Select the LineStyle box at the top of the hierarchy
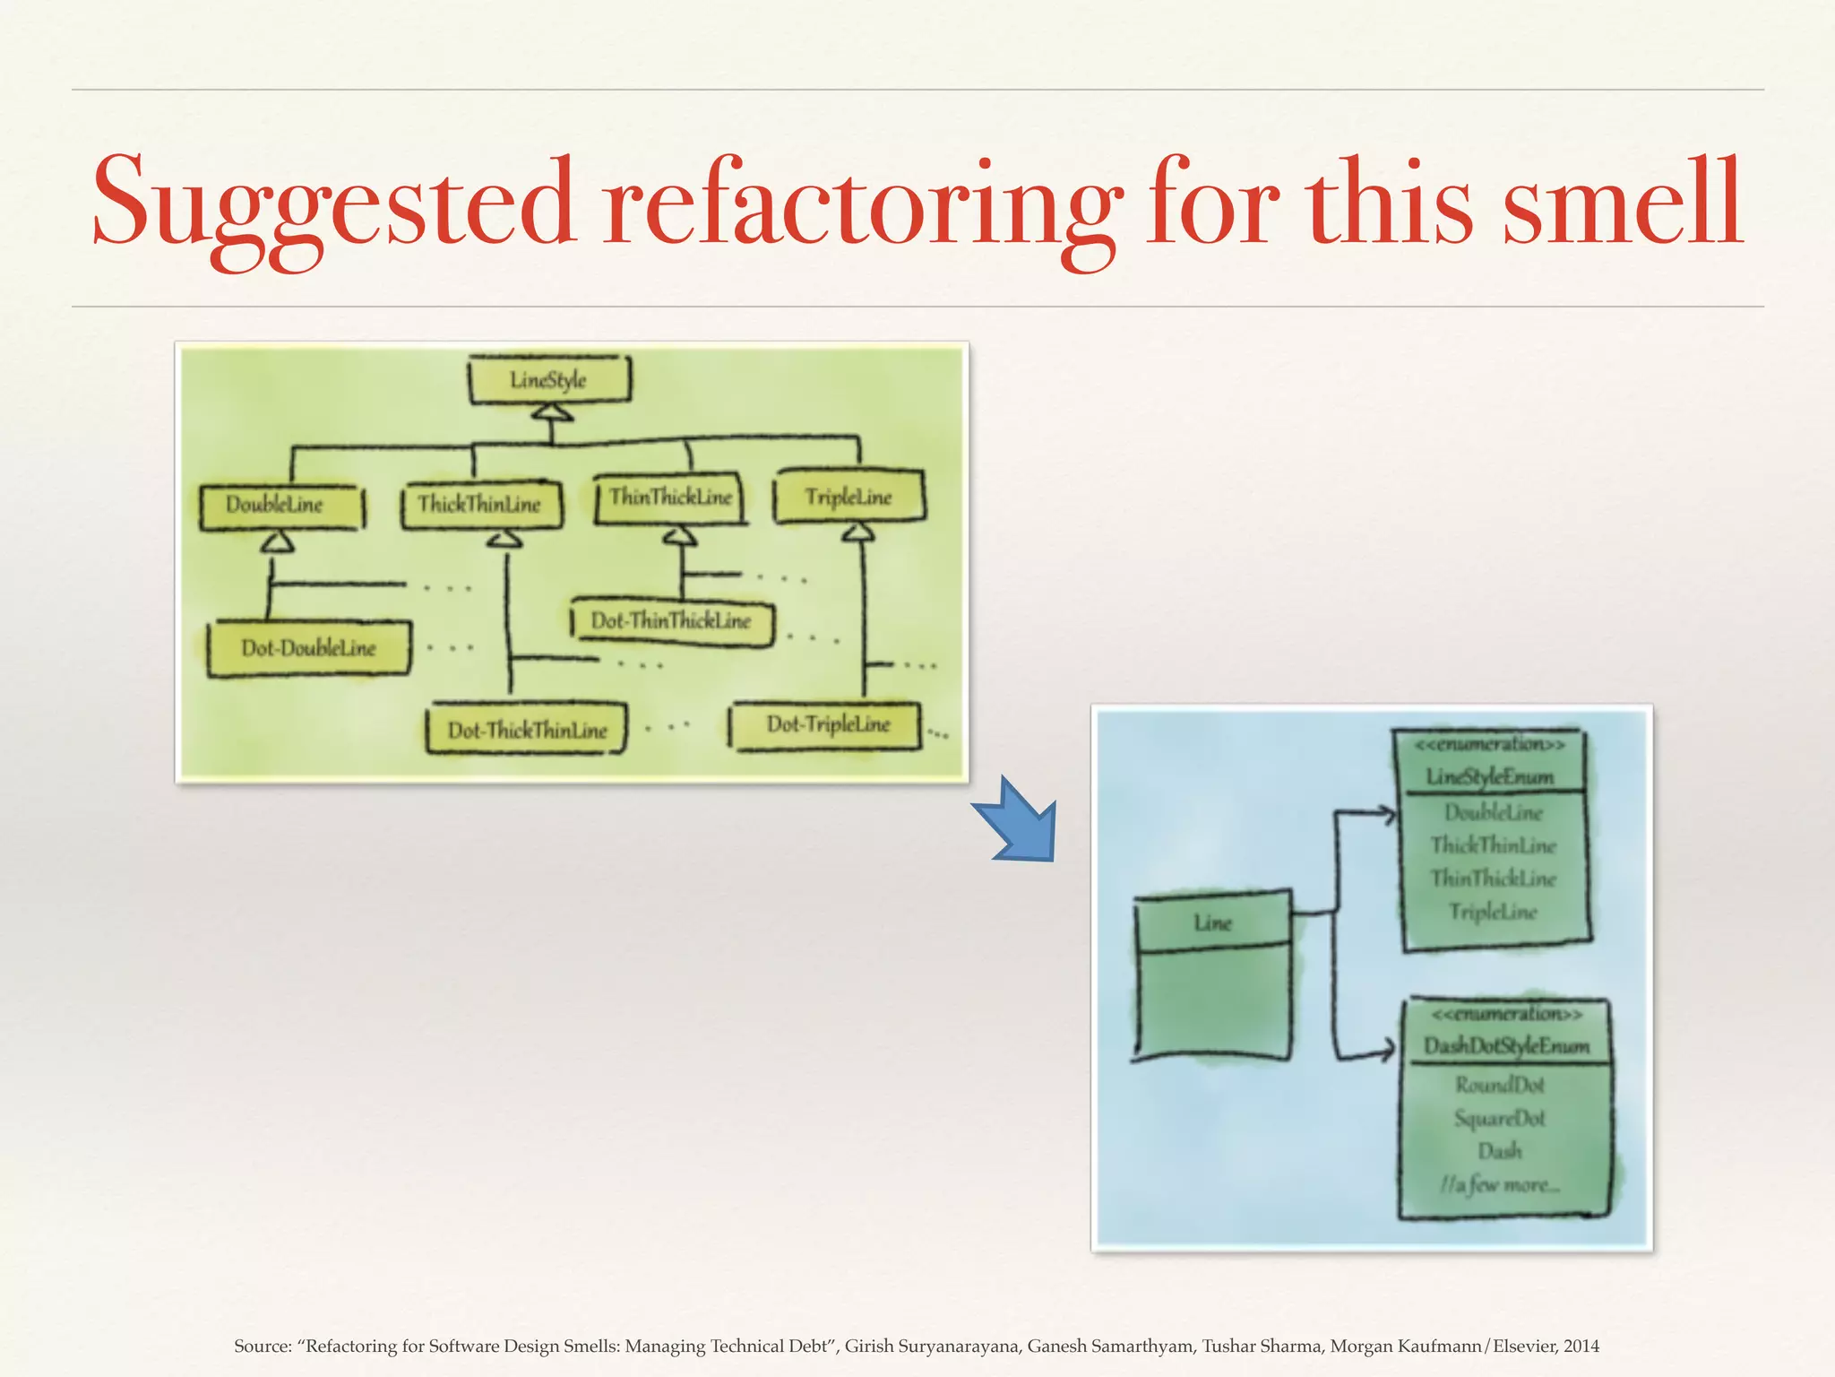(x=549, y=380)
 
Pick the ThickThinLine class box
(x=481, y=505)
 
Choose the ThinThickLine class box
(x=670, y=498)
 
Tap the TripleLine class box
(x=849, y=498)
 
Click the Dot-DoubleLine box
(x=308, y=648)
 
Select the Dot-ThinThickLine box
(x=672, y=621)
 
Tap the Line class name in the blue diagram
(x=1212, y=922)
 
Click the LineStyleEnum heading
(x=1489, y=776)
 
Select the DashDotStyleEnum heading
(x=1506, y=1046)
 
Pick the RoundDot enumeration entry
(x=1500, y=1086)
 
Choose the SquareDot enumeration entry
(x=1500, y=1119)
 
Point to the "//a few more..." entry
(x=1500, y=1185)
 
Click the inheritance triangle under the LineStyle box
(x=551, y=413)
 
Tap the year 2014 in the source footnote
(x=1582, y=1346)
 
